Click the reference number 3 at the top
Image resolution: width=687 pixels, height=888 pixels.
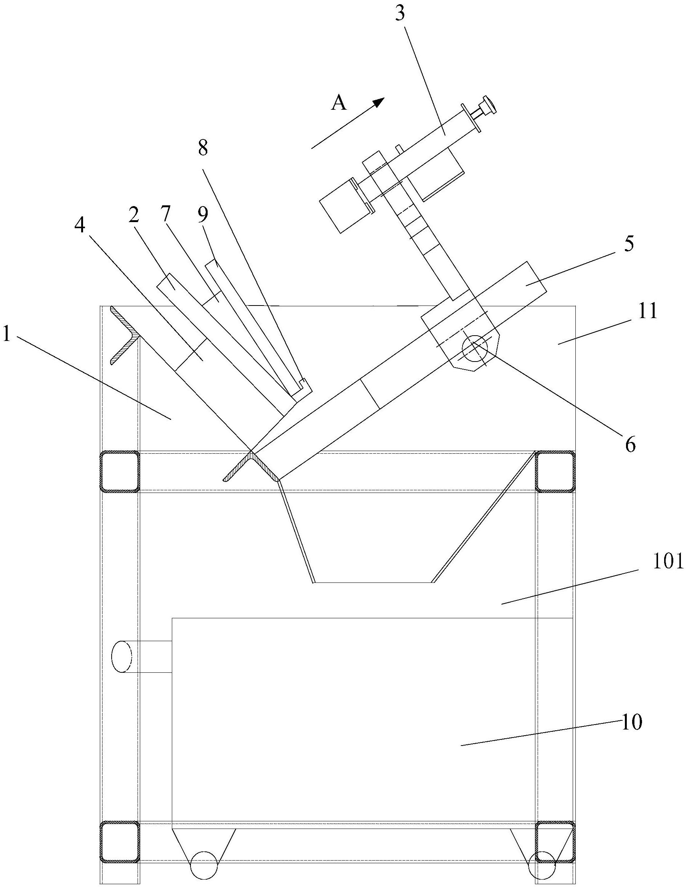pyautogui.click(x=400, y=14)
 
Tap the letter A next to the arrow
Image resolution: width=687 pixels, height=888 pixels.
pyautogui.click(x=339, y=103)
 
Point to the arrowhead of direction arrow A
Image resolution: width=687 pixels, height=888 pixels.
pyautogui.click(x=379, y=102)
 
